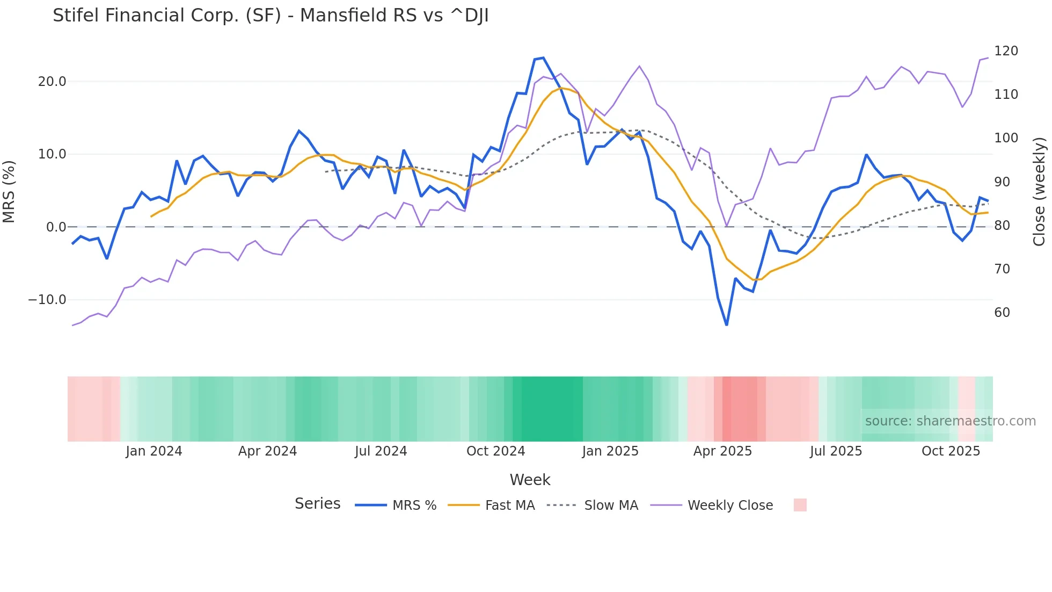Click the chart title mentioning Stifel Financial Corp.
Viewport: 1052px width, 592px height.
271,16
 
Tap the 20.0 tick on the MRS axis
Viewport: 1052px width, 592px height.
52,82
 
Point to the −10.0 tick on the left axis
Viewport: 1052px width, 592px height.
47,300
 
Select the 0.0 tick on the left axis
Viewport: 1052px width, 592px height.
56,227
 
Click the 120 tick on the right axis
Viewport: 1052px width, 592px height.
1006,51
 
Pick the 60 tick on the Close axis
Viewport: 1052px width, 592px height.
1002,313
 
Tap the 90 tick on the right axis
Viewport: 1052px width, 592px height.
1002,182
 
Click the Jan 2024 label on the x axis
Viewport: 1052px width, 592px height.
154,451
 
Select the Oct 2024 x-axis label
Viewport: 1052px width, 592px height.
495,451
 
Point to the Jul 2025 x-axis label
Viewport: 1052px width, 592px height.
836,451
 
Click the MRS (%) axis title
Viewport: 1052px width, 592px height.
9,191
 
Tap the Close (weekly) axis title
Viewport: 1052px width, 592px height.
1040,191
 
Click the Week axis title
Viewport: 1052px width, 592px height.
530,480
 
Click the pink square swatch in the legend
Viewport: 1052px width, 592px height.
800,505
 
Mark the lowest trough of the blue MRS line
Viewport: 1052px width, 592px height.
727,324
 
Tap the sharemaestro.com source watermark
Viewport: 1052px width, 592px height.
950,421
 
